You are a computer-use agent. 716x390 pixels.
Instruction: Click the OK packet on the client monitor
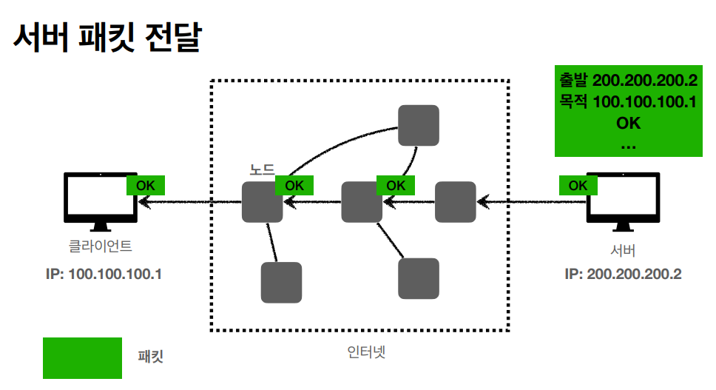(x=146, y=185)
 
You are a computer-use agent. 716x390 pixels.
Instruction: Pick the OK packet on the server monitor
(x=578, y=185)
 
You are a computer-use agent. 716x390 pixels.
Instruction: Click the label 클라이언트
(x=101, y=246)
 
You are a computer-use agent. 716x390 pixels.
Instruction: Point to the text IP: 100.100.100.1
(x=104, y=274)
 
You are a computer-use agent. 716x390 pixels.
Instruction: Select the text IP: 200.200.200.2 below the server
(x=623, y=274)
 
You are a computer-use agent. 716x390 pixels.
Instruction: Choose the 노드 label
(x=262, y=169)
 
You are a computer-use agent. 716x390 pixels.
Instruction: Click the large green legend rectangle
(x=82, y=358)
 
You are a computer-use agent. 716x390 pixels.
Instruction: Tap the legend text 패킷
(x=151, y=357)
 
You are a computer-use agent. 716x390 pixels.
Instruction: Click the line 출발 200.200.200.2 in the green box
(x=629, y=80)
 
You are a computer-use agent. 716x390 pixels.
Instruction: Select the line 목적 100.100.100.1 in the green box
(x=629, y=101)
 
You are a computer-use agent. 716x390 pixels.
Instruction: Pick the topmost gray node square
(x=418, y=125)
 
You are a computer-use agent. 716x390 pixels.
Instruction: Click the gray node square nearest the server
(x=455, y=201)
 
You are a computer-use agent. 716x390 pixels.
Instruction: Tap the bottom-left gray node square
(x=281, y=283)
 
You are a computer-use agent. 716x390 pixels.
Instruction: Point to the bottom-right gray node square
(x=418, y=278)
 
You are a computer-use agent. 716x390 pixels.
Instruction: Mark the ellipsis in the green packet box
(x=629, y=144)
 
